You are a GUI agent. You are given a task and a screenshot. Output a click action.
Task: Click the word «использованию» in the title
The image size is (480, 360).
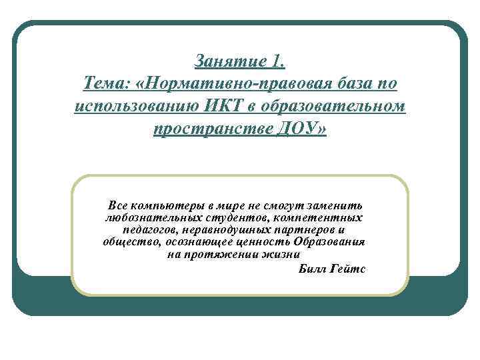(x=132, y=106)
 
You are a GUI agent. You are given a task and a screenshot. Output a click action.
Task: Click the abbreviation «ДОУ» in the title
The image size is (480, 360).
(x=297, y=127)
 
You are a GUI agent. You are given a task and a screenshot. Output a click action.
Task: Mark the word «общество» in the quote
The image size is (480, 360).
(x=129, y=242)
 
